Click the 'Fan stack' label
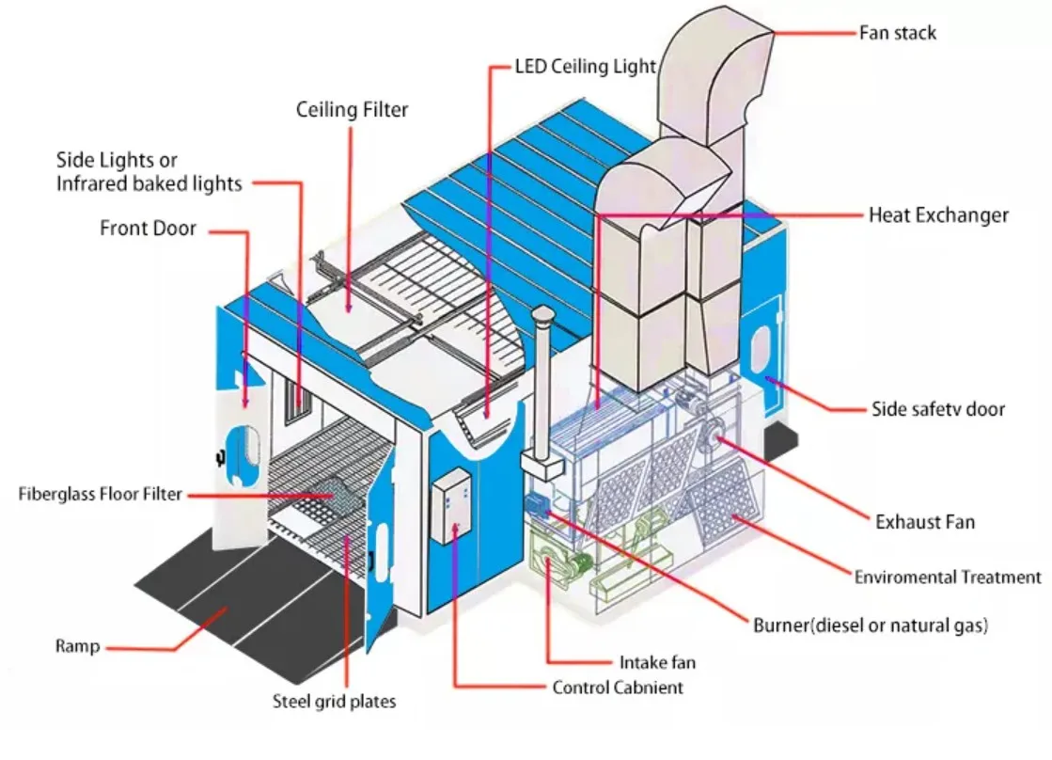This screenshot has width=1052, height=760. pyautogui.click(x=898, y=34)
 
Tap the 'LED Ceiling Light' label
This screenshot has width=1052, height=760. pyautogui.click(x=586, y=67)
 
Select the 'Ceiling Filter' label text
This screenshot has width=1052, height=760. pyautogui.click(x=353, y=110)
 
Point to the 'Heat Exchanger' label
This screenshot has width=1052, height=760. pyautogui.click(x=937, y=215)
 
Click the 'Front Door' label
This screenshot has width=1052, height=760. pyautogui.click(x=149, y=229)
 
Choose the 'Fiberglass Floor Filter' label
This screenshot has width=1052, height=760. pyautogui.click(x=100, y=494)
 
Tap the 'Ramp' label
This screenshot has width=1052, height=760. pyautogui.click(x=77, y=646)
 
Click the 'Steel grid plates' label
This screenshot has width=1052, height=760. pyautogui.click(x=334, y=701)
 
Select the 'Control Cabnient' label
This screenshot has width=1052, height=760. pyautogui.click(x=618, y=688)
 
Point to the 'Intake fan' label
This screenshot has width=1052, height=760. pyautogui.click(x=657, y=662)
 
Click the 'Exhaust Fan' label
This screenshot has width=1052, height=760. pyautogui.click(x=925, y=521)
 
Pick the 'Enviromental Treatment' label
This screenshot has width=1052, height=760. pyautogui.click(x=948, y=577)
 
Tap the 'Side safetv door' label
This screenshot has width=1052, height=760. pyautogui.click(x=938, y=409)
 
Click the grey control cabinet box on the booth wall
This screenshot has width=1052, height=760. pyautogui.click(x=449, y=508)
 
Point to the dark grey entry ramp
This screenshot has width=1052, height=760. pyautogui.click(x=235, y=602)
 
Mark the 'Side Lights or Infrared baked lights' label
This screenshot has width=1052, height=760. pyautogui.click(x=149, y=172)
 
